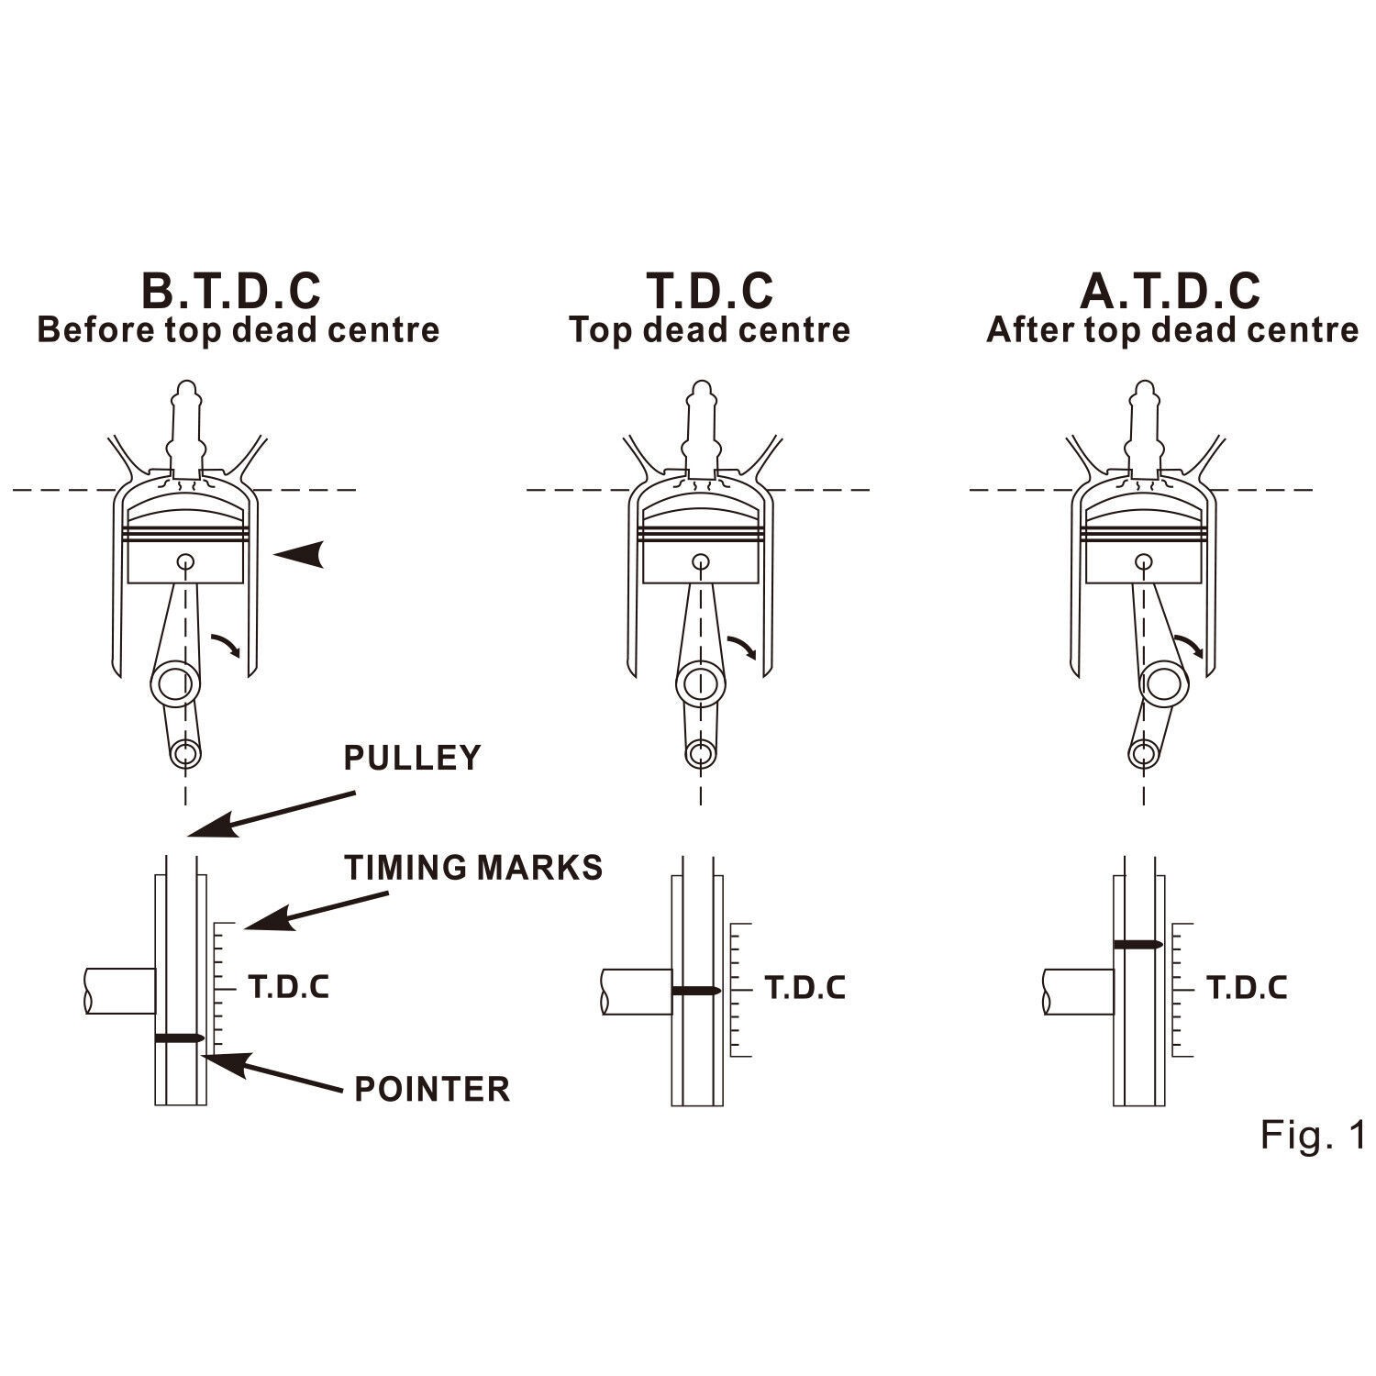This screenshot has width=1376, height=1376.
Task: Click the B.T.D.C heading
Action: (x=230, y=291)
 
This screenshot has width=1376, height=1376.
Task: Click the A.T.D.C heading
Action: (x=1171, y=291)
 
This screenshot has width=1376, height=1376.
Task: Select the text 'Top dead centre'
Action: (x=709, y=330)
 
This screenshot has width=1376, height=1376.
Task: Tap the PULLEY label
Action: (x=412, y=759)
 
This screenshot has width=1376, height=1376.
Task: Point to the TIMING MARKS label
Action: (x=474, y=867)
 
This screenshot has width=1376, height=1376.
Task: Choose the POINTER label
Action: (x=432, y=1089)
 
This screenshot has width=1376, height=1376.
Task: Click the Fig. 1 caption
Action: (x=1313, y=1135)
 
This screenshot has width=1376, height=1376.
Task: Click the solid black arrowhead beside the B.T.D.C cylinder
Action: (x=301, y=553)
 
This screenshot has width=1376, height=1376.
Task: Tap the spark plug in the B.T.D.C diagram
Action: (x=187, y=428)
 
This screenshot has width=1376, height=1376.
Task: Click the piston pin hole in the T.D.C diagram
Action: (x=701, y=561)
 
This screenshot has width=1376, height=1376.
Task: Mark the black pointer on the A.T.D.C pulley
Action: (x=1138, y=944)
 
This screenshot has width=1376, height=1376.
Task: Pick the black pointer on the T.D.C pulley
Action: (x=696, y=991)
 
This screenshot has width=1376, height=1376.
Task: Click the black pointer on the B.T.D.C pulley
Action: (x=179, y=1038)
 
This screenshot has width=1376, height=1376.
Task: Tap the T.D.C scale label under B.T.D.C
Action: (x=289, y=988)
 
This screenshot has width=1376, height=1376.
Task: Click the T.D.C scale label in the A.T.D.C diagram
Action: (x=1247, y=988)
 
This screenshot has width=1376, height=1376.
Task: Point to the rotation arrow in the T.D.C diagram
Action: (x=742, y=646)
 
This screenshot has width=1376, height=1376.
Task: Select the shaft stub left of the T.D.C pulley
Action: (x=637, y=992)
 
